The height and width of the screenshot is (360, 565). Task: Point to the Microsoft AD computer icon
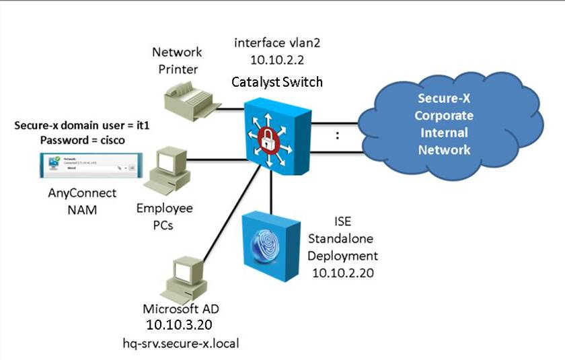click(181, 275)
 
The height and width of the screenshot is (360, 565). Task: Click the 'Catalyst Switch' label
click(277, 82)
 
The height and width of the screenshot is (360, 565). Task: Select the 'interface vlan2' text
click(268, 42)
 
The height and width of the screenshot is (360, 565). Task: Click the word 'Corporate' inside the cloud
click(443, 116)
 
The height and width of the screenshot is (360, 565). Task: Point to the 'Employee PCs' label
click(164, 217)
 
